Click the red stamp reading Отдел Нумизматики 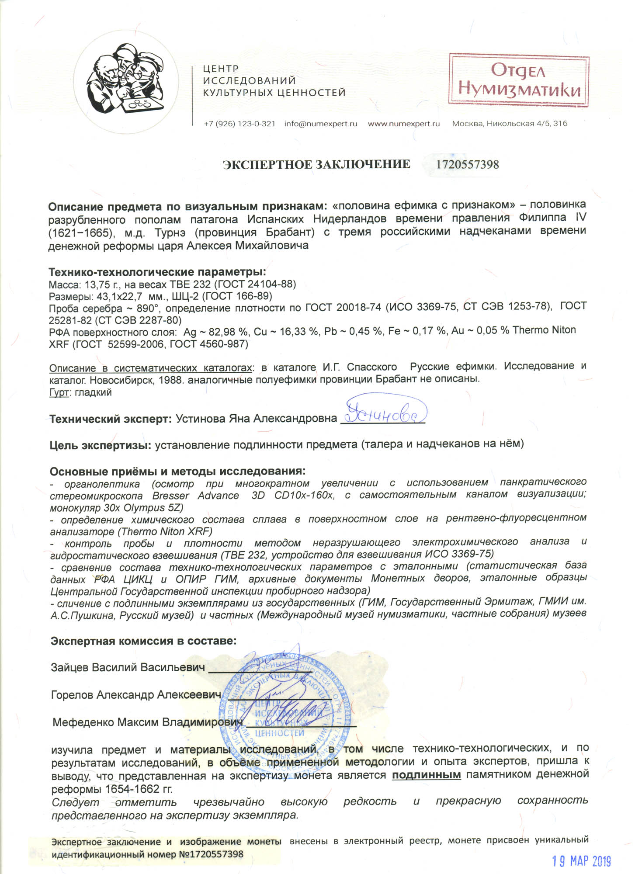coord(519,80)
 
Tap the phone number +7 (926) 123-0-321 coord(239,124)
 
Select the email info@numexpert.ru coord(320,124)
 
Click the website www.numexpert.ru coord(403,124)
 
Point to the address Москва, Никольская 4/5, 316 coord(510,124)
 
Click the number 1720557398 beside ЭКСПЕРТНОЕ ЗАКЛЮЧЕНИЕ coord(467,165)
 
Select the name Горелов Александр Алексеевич coord(135,695)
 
